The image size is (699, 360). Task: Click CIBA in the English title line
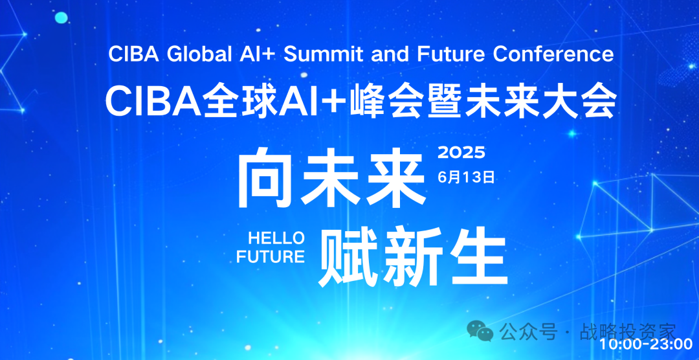click(x=135, y=54)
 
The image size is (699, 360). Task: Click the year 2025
click(x=461, y=153)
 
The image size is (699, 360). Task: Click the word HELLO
click(x=276, y=238)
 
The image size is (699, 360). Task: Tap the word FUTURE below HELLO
click(x=271, y=257)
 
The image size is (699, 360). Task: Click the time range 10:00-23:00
click(x=645, y=344)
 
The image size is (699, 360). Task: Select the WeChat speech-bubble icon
click(x=480, y=331)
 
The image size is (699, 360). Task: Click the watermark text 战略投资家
click(x=628, y=332)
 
